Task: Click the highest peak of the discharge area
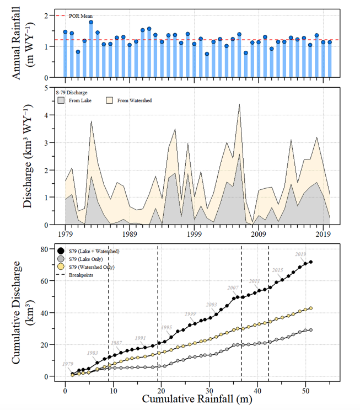pyautogui.click(x=239, y=104)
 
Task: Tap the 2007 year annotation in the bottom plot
pyautogui.click(x=233, y=287)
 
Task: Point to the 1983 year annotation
pyautogui.click(x=93, y=353)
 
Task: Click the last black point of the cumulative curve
pyautogui.click(x=311, y=262)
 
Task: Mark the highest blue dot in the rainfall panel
pyautogui.click(x=91, y=22)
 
